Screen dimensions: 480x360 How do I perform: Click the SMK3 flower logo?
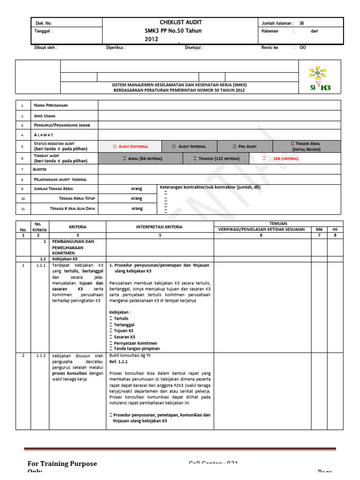(319, 78)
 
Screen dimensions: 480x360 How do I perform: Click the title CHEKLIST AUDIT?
(180, 22)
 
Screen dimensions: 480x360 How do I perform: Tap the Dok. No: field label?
(44, 23)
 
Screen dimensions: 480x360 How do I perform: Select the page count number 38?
(301, 23)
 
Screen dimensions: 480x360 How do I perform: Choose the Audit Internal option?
(189, 147)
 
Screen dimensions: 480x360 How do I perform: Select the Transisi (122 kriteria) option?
(216, 159)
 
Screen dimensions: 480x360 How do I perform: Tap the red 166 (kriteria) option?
(281, 159)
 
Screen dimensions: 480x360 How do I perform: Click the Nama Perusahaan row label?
(51, 105)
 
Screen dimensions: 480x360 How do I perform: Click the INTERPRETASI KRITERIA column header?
(159, 227)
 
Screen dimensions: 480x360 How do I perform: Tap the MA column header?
(319, 229)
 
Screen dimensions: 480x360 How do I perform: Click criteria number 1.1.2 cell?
(40, 356)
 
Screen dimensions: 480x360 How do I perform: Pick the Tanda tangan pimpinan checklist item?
(134, 349)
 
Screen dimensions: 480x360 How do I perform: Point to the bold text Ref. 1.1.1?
(118, 362)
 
